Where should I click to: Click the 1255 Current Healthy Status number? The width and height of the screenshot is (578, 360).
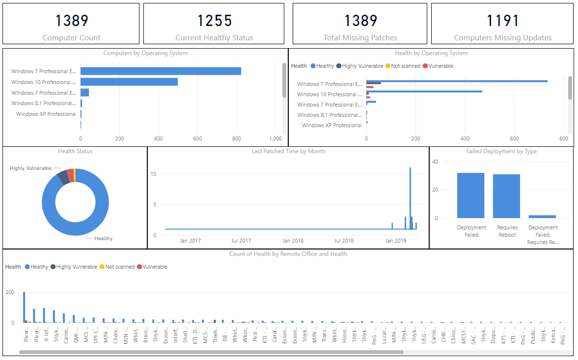point(215,21)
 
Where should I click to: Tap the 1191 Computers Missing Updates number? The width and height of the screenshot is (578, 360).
point(502,21)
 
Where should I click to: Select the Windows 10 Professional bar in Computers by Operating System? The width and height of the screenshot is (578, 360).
point(129,82)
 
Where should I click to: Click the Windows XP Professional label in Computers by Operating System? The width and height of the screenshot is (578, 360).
point(46,114)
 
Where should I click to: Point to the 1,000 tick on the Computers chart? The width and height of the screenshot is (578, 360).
point(275,139)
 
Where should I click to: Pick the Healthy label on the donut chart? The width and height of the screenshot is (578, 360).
point(104,239)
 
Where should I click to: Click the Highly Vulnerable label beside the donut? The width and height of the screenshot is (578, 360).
point(30,168)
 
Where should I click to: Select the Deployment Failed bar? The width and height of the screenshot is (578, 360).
point(470,195)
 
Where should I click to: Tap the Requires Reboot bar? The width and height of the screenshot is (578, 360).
point(506,196)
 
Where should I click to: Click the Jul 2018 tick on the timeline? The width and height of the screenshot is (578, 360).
point(344,241)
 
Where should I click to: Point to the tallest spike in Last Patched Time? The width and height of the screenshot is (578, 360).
point(410,196)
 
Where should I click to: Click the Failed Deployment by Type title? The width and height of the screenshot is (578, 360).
point(501,152)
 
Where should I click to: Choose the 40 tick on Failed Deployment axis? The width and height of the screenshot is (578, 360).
point(435,162)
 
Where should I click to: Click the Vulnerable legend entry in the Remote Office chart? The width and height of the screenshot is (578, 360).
point(152,267)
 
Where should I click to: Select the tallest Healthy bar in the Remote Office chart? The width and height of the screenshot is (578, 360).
point(24,307)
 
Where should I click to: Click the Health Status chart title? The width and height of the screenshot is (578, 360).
point(75,152)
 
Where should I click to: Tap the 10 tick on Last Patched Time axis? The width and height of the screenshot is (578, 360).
point(153,174)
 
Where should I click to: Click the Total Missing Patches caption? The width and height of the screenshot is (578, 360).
point(360,38)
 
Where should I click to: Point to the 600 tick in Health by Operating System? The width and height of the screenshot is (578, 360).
point(515,139)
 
